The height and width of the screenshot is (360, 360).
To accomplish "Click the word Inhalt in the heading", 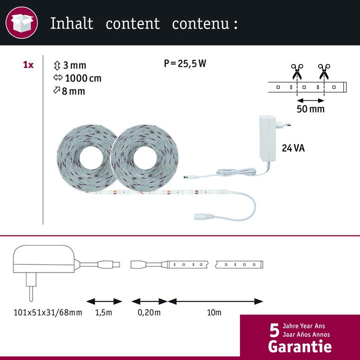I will [71, 23].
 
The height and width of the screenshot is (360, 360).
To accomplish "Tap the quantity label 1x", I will [28, 65].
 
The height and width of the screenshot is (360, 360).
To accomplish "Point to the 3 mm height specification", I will [69, 65].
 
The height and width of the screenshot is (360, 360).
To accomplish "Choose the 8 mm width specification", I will [69, 91].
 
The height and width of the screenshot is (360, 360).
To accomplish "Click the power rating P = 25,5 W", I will [185, 63].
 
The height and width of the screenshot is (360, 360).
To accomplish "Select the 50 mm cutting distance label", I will [310, 108].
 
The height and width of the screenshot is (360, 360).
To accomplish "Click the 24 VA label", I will [293, 148].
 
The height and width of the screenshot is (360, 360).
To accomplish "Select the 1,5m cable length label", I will [104, 313].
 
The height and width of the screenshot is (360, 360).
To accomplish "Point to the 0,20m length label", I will [149, 313].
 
